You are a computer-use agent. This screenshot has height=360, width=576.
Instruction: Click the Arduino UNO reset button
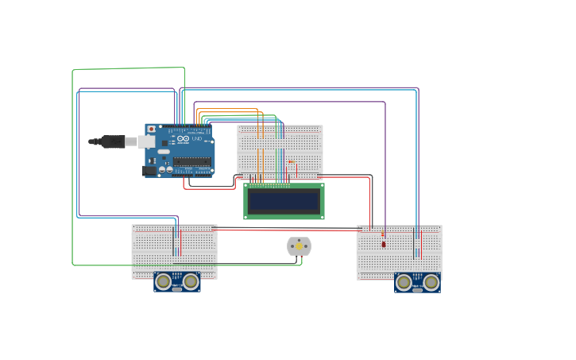tap(151, 129)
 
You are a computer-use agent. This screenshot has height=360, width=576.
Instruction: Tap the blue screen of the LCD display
tap(284, 201)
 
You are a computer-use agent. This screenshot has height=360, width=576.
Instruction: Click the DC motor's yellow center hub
tap(299, 246)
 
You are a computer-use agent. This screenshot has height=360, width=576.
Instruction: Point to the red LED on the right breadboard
tap(384, 243)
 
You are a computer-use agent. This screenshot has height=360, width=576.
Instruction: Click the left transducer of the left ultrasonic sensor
tap(164, 281)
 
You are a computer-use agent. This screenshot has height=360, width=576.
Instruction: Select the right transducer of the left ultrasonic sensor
tap(191, 281)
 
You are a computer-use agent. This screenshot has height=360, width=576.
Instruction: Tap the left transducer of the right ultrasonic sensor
tap(404, 281)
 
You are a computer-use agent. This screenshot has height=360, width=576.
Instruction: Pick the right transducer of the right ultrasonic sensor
tap(431, 281)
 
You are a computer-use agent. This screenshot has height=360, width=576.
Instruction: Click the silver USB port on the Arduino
tap(146, 141)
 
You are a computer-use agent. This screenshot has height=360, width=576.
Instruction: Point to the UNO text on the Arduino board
tap(199, 138)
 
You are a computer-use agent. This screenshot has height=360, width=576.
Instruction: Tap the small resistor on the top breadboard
tap(291, 161)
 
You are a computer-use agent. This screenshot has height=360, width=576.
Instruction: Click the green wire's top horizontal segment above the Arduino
tap(127, 69)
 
